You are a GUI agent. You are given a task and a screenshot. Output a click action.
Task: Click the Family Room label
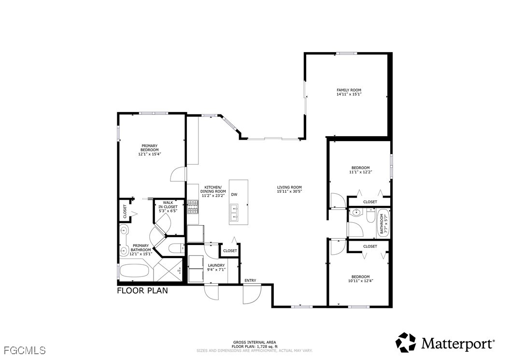pyautogui.click(x=349, y=90)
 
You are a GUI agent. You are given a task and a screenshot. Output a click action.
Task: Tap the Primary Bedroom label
pyautogui.click(x=150, y=148)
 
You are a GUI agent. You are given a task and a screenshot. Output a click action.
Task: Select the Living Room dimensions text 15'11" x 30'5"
pyautogui.click(x=289, y=192)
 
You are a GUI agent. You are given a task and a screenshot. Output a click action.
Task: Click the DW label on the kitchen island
pyautogui.click(x=234, y=195)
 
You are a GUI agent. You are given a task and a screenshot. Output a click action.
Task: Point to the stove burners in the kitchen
pyautogui.click(x=193, y=207)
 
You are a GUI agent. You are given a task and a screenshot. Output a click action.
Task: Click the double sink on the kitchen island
pyautogui.click(x=234, y=212)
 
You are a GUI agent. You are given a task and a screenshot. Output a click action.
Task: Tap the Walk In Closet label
pyautogui.click(x=168, y=205)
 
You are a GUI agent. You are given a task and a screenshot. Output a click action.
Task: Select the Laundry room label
pyautogui.click(x=216, y=265)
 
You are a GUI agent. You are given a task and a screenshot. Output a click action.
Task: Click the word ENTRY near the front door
pyautogui.click(x=250, y=280)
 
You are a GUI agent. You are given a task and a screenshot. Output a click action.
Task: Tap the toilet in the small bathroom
pyautogui.click(x=370, y=216)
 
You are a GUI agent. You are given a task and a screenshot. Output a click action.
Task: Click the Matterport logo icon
pyautogui.click(x=406, y=343)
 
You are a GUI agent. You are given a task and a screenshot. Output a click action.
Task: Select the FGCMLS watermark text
pyautogui.click(x=25, y=351)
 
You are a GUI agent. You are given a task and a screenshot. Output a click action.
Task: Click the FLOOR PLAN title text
pyautogui.click(x=142, y=290)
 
